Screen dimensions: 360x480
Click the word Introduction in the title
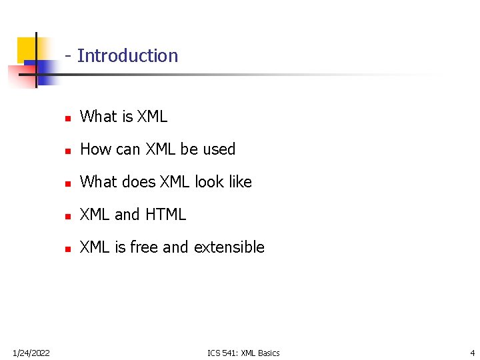(128, 56)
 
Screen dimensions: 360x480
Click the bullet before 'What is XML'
(67, 118)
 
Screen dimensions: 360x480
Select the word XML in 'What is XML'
(152, 117)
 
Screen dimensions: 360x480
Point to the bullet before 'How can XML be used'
(67, 151)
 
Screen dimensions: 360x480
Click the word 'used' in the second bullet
(219, 149)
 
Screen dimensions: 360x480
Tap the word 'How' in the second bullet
(92, 149)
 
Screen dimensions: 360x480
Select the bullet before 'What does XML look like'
(67, 183)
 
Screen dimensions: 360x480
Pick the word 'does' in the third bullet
(138, 182)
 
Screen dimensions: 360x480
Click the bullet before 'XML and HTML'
(67, 216)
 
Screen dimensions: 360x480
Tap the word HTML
(165, 215)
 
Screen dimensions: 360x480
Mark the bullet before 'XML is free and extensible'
(67, 249)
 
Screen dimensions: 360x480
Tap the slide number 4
(472, 353)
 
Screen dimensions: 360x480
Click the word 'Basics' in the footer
(268, 353)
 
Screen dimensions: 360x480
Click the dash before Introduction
(69, 56)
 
